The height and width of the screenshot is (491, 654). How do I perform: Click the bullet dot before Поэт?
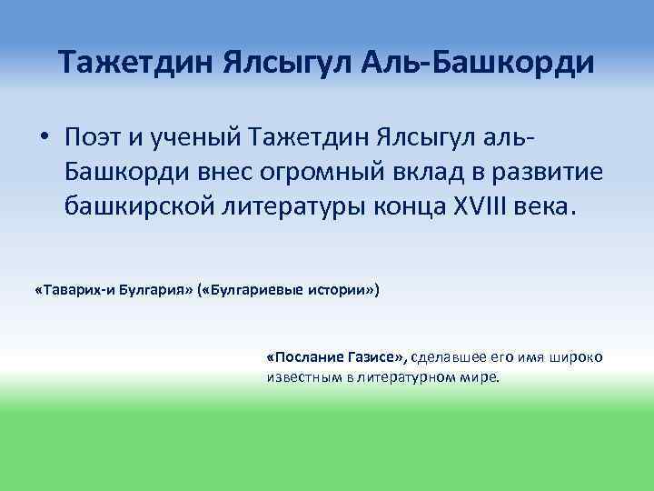[43, 140]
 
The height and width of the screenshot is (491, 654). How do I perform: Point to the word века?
[547, 208]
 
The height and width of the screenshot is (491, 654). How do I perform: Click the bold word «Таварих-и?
[69, 291]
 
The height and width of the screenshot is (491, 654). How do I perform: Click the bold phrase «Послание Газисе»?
[337, 357]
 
